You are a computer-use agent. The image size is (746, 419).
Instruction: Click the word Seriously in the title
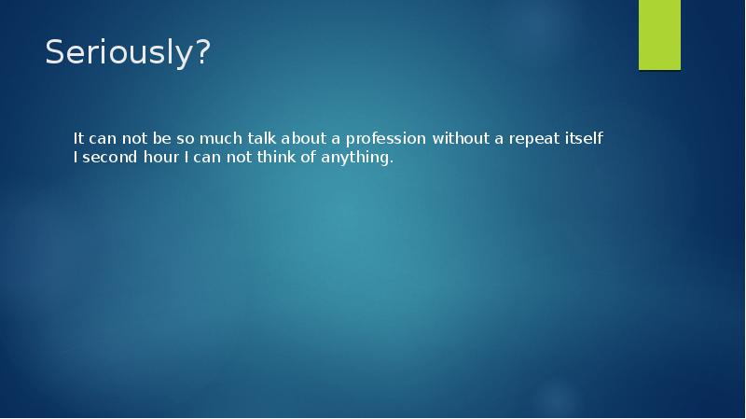click(x=119, y=54)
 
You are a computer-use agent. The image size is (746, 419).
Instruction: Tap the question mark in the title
click(x=201, y=54)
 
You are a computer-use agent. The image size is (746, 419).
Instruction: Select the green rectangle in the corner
click(x=659, y=35)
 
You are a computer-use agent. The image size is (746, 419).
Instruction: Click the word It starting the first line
click(x=80, y=138)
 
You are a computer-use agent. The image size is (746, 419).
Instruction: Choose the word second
click(x=108, y=158)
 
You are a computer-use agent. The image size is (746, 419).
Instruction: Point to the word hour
click(x=159, y=158)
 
